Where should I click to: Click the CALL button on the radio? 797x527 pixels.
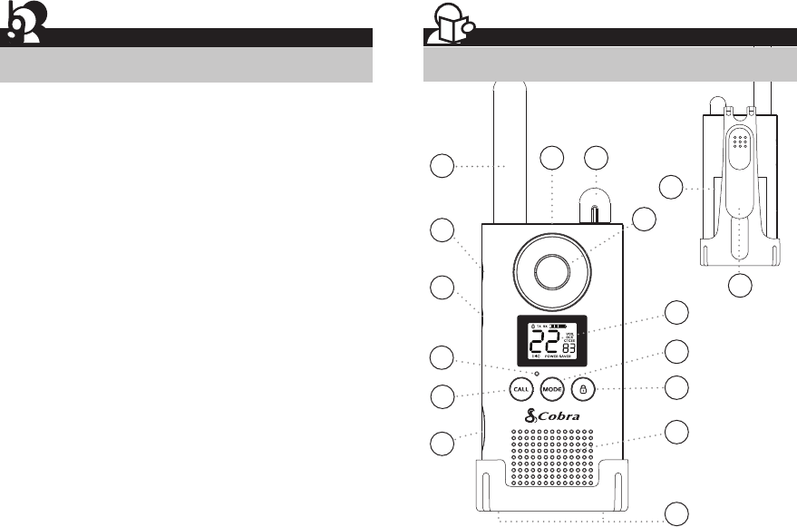click(x=520, y=388)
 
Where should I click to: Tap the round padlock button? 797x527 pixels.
click(x=584, y=388)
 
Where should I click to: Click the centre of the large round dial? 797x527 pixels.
click(x=552, y=269)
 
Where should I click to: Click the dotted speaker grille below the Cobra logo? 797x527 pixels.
click(x=552, y=458)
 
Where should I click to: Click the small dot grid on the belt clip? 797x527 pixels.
click(x=741, y=143)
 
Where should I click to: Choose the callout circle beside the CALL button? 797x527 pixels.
click(x=442, y=396)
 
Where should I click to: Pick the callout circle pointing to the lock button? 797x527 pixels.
click(x=676, y=387)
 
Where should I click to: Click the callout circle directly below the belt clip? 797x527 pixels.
click(x=741, y=287)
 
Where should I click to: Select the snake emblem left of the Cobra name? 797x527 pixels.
click(x=532, y=417)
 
